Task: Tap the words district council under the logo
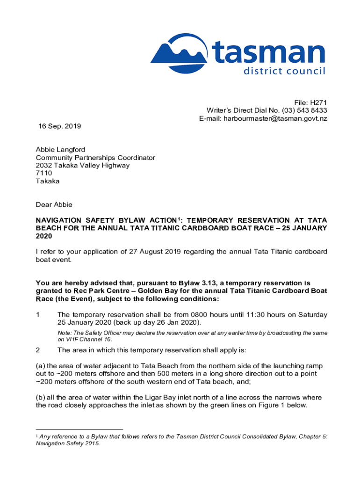tap(284, 71)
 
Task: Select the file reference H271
tap(318, 102)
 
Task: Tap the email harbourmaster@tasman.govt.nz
tap(275, 118)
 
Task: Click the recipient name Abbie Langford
tap(60, 150)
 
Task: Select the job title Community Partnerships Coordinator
tap(95, 158)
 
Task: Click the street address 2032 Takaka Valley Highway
tap(83, 166)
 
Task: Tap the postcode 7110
tap(44, 174)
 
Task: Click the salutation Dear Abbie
tap(54, 205)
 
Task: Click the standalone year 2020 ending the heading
tap(44, 237)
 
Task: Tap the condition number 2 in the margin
tap(38, 350)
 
